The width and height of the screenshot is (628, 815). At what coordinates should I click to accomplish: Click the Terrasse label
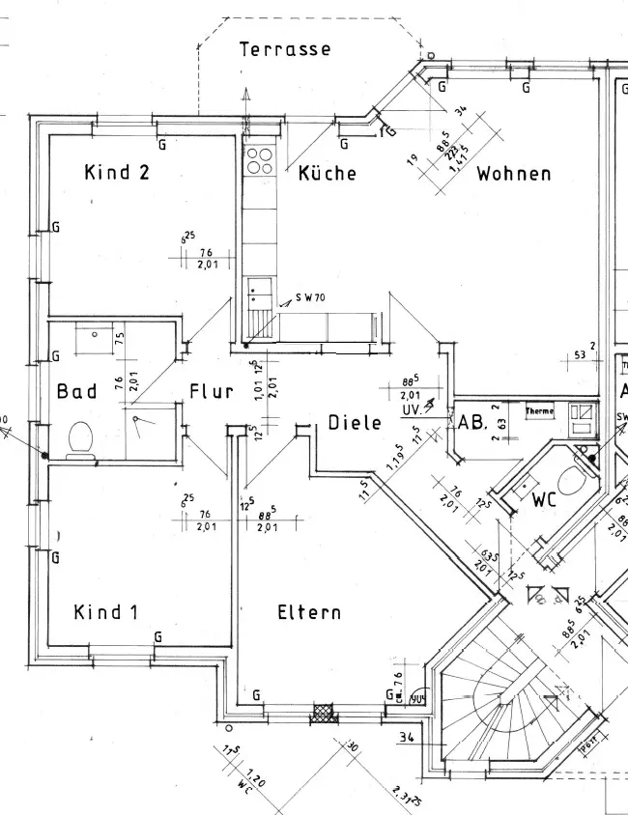[285, 49]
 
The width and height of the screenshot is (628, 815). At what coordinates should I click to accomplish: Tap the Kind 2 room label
[117, 173]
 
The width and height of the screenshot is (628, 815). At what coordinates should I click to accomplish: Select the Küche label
[327, 174]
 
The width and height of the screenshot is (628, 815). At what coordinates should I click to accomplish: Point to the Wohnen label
[513, 174]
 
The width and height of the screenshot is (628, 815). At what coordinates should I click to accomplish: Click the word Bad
[76, 391]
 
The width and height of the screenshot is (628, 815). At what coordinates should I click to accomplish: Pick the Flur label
[211, 391]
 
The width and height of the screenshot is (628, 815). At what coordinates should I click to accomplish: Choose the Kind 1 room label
[106, 612]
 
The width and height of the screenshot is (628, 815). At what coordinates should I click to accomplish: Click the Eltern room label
[309, 612]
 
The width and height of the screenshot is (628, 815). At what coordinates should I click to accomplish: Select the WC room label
[546, 501]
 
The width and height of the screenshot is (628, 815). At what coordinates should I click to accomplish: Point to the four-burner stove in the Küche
[259, 159]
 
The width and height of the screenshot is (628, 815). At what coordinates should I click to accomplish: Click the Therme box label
[539, 411]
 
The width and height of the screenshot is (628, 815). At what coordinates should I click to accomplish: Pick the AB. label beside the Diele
[471, 422]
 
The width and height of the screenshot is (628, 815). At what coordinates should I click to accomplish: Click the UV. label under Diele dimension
[410, 410]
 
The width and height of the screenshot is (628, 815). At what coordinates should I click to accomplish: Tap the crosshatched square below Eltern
[321, 714]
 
